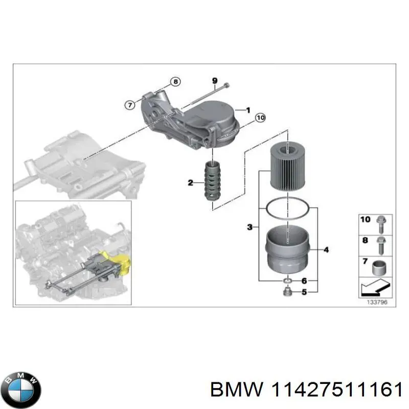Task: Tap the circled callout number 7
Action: pos(130,104)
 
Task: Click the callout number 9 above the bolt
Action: pos(215,81)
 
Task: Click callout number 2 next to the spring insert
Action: pos(190,183)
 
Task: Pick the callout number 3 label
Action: pos(249,226)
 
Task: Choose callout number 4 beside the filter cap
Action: pos(326,249)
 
